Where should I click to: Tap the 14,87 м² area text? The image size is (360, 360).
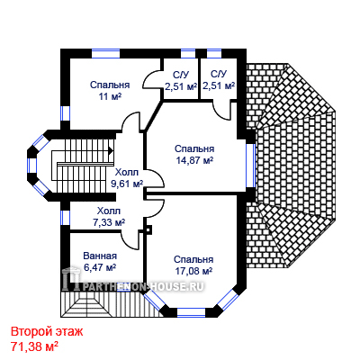(x=194, y=160)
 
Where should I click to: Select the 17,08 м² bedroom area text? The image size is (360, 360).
(x=193, y=271)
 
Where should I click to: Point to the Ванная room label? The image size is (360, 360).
(x=100, y=256)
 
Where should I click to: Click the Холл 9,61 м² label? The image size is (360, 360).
(x=127, y=178)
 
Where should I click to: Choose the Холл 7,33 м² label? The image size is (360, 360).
(x=109, y=217)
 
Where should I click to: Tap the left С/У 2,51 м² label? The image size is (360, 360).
(x=181, y=80)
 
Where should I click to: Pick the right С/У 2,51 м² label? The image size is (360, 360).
(x=219, y=80)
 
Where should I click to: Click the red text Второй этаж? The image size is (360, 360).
(x=47, y=332)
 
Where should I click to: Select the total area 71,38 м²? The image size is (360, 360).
(x=34, y=346)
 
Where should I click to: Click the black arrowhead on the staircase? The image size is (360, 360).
(x=111, y=150)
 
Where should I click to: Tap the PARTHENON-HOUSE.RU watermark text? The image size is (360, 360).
(x=142, y=287)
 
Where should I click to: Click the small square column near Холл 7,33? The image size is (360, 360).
(x=148, y=230)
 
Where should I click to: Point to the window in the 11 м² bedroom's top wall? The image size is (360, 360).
(x=105, y=53)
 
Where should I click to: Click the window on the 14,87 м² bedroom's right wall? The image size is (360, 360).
(x=250, y=166)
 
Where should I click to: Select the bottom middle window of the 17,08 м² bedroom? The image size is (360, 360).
(x=191, y=312)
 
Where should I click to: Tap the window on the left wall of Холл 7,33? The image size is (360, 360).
(x=65, y=218)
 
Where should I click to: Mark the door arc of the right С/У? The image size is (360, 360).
(x=221, y=112)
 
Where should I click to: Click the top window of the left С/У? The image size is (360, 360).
(x=188, y=53)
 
